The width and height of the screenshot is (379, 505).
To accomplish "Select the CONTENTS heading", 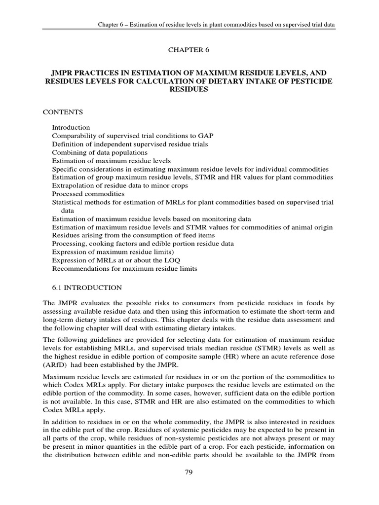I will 63,112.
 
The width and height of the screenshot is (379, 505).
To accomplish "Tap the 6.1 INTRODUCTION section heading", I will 83,288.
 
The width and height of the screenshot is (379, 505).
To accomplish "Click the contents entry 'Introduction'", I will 71,127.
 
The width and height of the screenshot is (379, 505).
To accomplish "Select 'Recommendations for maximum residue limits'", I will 124,269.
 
